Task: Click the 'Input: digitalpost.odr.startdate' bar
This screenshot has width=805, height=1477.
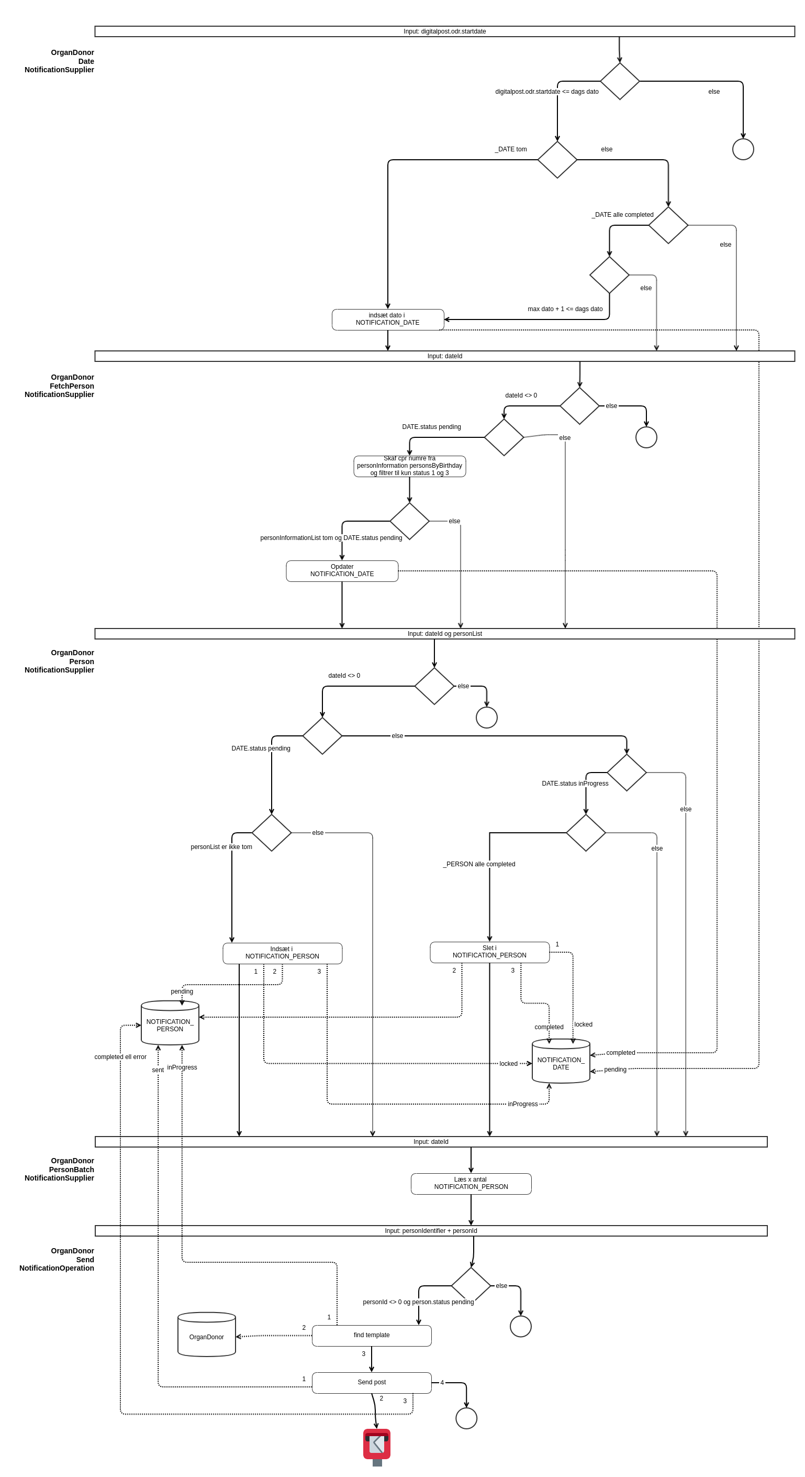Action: [444, 31]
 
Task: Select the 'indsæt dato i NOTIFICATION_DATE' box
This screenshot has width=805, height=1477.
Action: [387, 319]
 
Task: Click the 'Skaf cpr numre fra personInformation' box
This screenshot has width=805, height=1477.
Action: [409, 466]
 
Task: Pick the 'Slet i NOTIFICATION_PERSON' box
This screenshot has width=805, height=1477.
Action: [489, 952]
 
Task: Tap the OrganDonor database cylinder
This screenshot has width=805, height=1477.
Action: [206, 1336]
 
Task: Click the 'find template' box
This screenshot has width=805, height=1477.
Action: [371, 1335]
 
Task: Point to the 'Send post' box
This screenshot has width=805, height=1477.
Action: [371, 1382]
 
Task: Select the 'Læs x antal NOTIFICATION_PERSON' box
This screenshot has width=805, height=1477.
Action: [471, 1184]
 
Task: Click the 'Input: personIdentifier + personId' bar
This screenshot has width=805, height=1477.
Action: [431, 1230]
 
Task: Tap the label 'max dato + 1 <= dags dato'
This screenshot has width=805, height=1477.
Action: [565, 309]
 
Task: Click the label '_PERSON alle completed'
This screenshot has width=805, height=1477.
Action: [479, 864]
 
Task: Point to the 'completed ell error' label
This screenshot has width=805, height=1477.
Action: [120, 1057]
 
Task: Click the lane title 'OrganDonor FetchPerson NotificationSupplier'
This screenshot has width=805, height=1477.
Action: [60, 386]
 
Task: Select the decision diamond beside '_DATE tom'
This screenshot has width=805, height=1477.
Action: [557, 160]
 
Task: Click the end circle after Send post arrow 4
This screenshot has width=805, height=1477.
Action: [466, 1418]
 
